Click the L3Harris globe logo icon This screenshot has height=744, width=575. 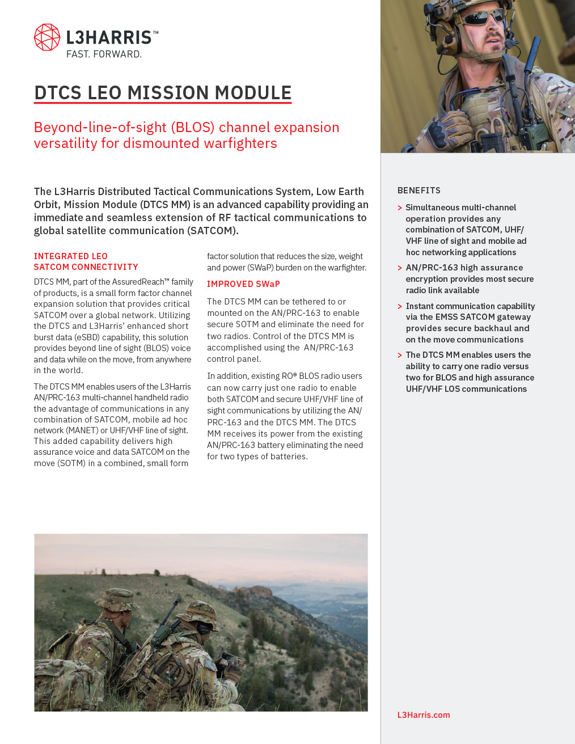pos(47,37)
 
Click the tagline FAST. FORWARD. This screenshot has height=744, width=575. pos(104,54)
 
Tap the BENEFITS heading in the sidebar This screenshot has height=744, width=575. pos(418,191)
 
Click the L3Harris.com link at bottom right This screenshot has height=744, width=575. pos(424,715)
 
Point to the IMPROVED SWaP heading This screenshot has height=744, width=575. pos(243,284)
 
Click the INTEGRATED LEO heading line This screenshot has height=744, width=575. pos(70,256)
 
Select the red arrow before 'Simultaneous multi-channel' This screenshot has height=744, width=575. pos(400,208)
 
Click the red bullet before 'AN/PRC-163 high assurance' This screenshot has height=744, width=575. pos(400,268)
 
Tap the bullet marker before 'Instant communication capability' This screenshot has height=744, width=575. pos(400,307)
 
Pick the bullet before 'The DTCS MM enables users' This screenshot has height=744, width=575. pos(400,356)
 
